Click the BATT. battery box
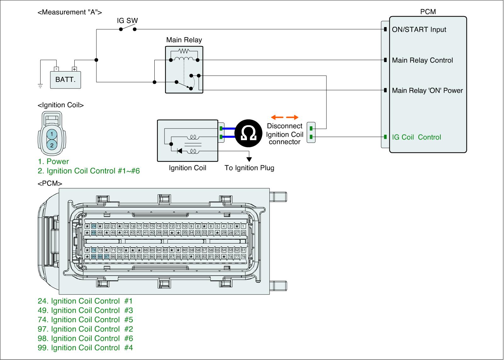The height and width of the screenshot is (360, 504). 66,79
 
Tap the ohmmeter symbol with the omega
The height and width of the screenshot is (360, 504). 248,133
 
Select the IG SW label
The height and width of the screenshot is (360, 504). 127,21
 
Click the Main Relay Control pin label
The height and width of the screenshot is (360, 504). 422,60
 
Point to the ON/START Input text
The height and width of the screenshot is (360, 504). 419,30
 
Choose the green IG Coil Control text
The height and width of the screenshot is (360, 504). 416,137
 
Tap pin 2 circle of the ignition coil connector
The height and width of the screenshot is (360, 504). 52,145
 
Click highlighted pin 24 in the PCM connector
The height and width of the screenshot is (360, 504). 94,226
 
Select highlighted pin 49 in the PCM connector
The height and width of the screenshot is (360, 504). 94,233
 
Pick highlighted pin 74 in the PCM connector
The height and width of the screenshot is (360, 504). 94,250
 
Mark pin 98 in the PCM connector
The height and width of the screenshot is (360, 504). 100,257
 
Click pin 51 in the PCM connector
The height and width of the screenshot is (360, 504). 243,250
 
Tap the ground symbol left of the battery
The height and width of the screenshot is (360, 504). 40,85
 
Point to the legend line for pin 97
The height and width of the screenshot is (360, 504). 85,329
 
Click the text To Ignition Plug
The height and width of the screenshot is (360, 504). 249,168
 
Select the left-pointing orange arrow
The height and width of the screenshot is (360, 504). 277,117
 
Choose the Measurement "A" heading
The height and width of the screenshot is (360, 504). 70,12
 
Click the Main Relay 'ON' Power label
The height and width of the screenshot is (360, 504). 427,91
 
